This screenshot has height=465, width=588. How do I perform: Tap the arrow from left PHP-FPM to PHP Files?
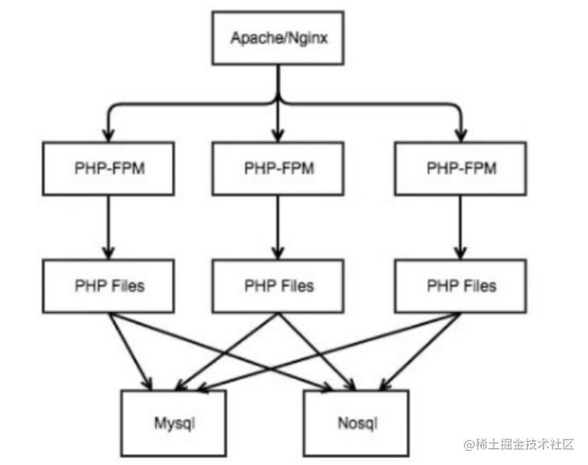tap(109, 227)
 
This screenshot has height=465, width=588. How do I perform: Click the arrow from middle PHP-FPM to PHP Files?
tap(278, 227)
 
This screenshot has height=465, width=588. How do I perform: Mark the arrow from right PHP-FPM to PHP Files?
tap(461, 227)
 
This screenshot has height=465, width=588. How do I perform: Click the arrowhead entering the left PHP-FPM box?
tap(109, 136)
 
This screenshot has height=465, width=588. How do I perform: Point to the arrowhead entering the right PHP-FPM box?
tap(461, 136)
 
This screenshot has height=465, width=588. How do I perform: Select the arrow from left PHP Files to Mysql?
tap(130, 351)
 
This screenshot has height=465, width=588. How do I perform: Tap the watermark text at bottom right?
tap(519, 445)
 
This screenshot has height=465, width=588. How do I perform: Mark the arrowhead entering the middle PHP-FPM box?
tap(278, 136)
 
